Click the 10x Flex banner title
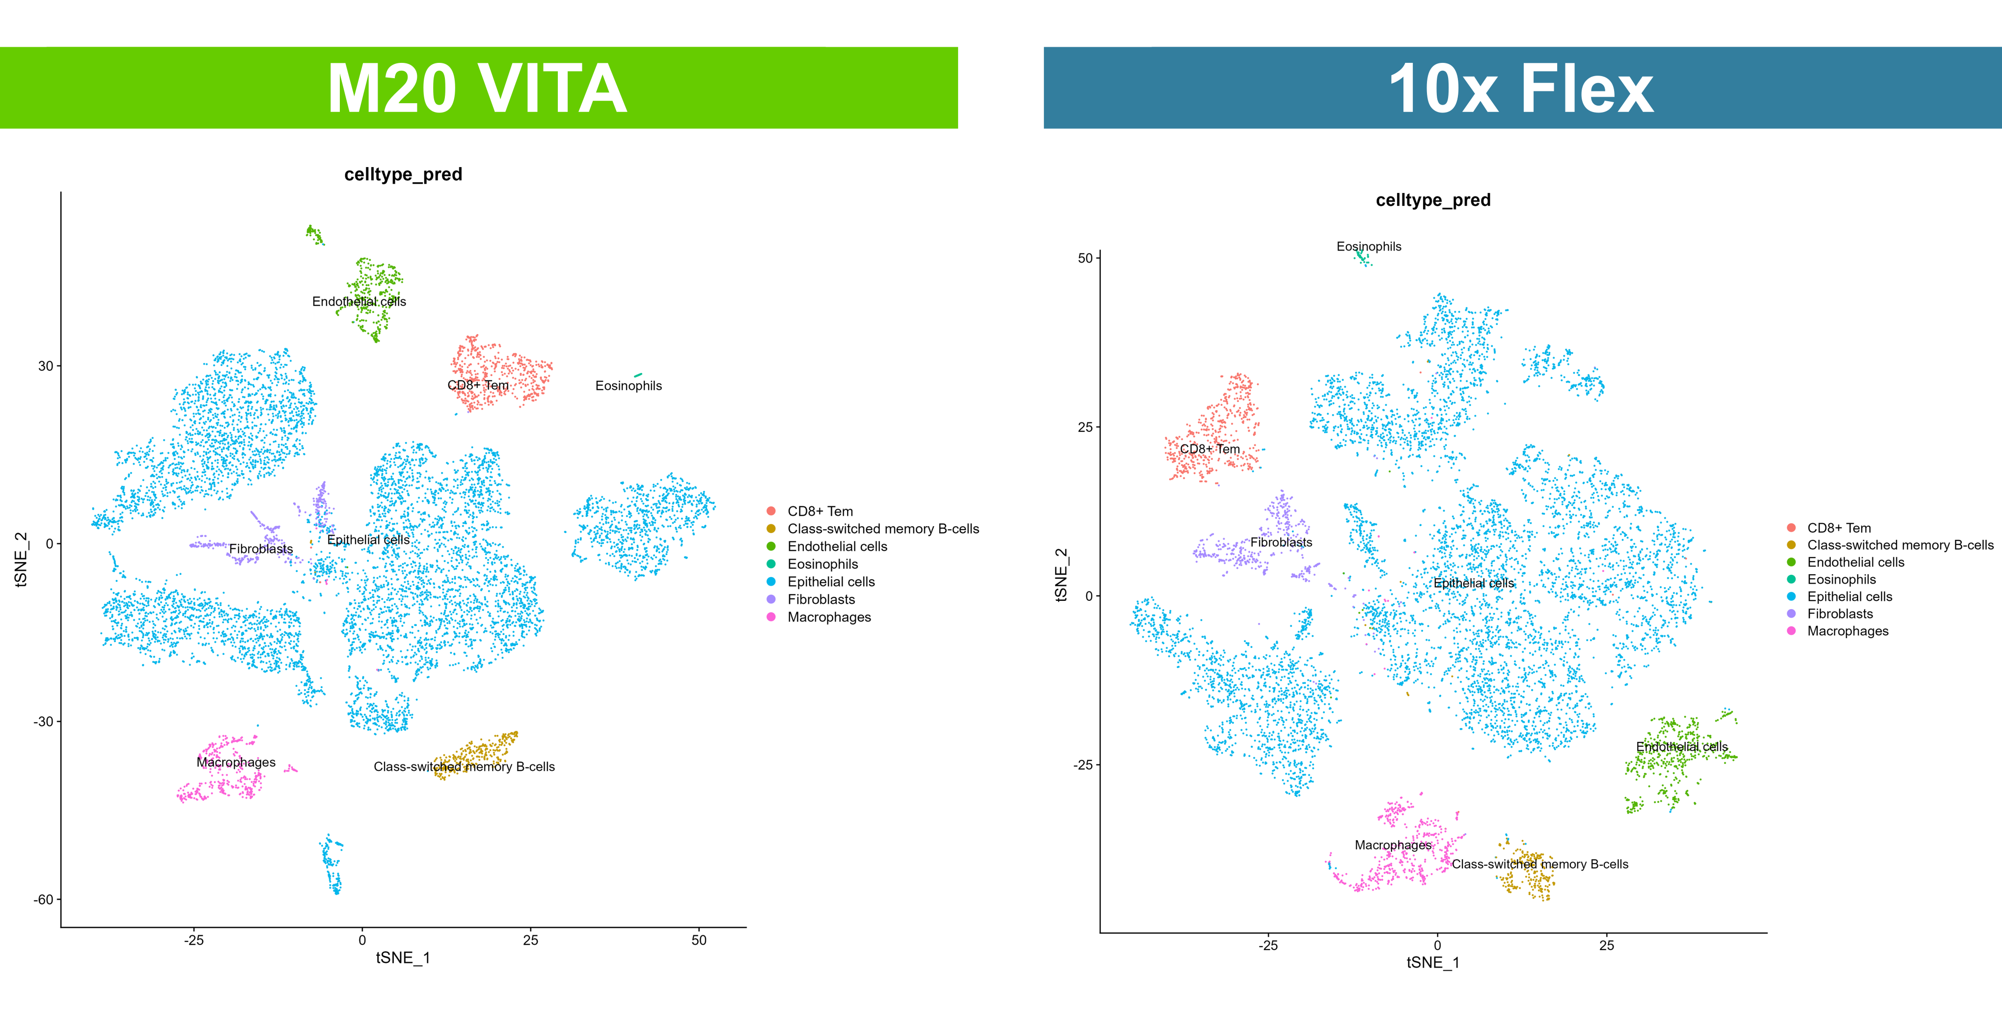pyautogui.click(x=1521, y=88)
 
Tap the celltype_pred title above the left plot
pyautogui.click(x=403, y=174)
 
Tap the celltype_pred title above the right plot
pyautogui.click(x=1432, y=200)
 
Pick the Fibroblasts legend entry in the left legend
pyautogui.click(x=821, y=599)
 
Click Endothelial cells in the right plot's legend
pyautogui.click(x=1855, y=562)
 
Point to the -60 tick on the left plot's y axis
pyautogui.click(x=43, y=900)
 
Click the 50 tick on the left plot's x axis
pyautogui.click(x=699, y=940)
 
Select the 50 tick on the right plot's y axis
pyautogui.click(x=1085, y=258)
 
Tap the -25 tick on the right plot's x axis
pyautogui.click(x=1267, y=946)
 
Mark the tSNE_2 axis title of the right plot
pyautogui.click(x=1061, y=575)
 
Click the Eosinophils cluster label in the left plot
pyautogui.click(x=628, y=386)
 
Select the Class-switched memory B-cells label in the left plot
pyautogui.click(x=464, y=767)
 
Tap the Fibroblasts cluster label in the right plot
pyautogui.click(x=1281, y=542)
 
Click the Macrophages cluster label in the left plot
pyautogui.click(x=236, y=762)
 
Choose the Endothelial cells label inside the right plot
pyautogui.click(x=1682, y=747)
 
